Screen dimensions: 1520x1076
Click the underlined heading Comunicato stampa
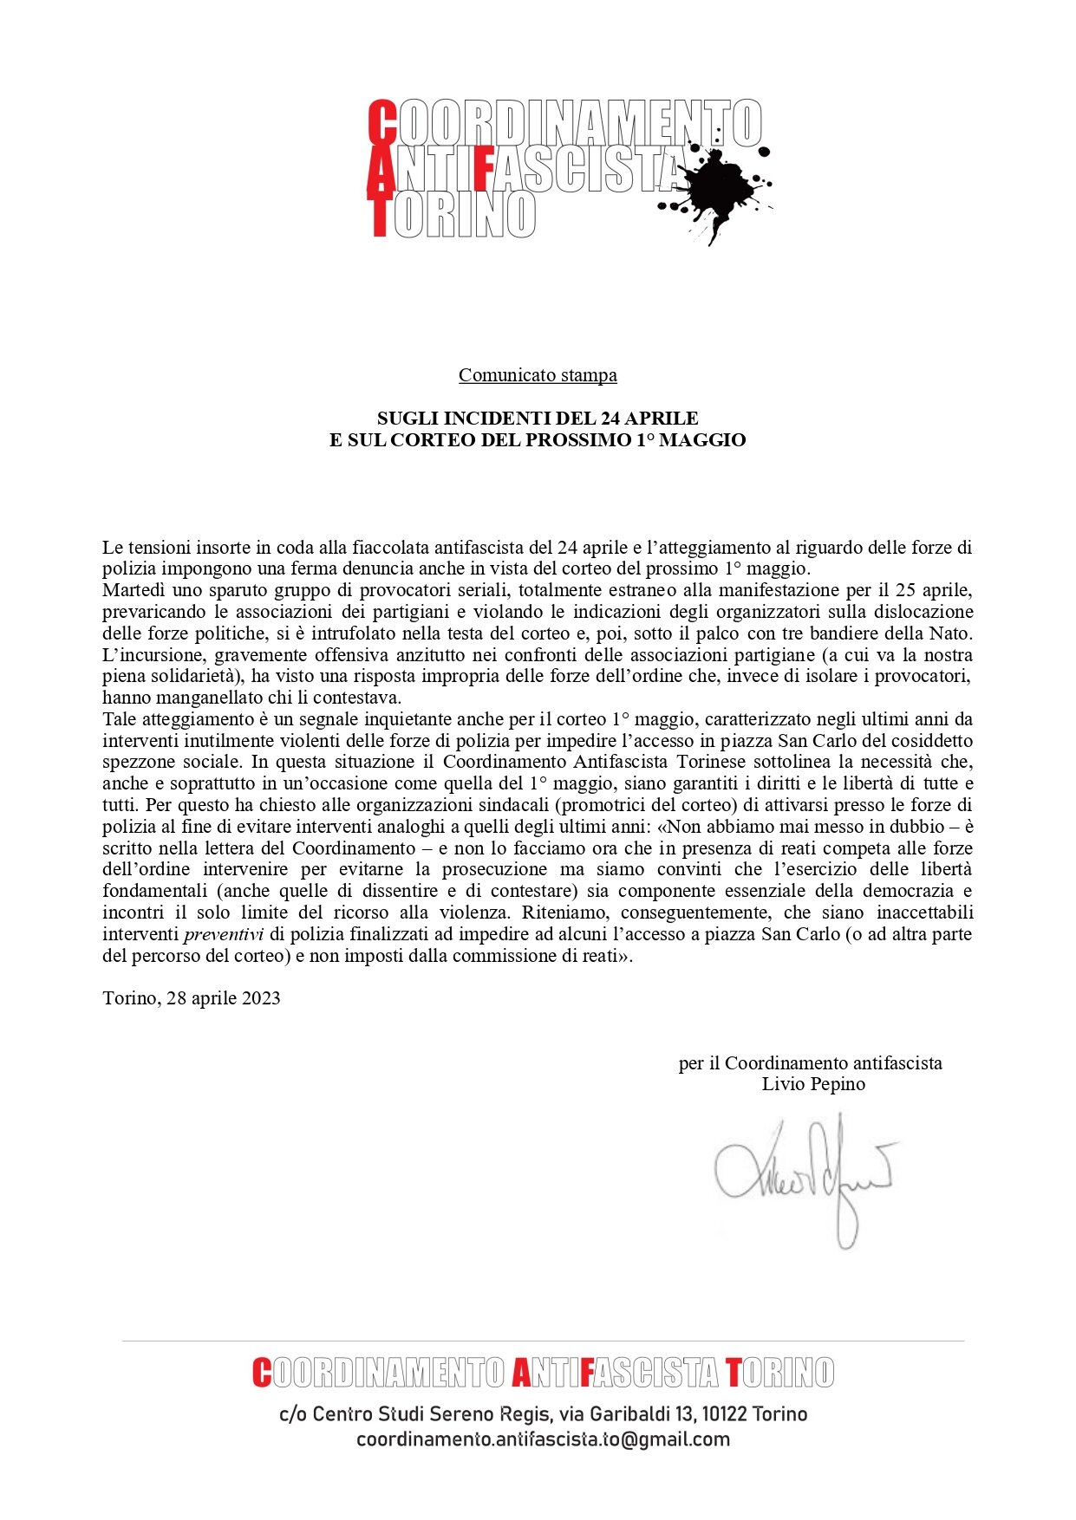coord(538,375)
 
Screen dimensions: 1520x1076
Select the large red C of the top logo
coord(382,122)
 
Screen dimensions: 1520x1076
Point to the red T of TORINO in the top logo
coord(379,214)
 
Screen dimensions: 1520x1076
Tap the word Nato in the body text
coord(951,633)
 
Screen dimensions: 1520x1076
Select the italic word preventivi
coord(224,934)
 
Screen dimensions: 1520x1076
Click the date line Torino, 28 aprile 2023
coord(192,997)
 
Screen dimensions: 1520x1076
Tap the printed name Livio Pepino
coord(813,1084)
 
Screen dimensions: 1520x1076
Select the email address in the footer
coord(543,1439)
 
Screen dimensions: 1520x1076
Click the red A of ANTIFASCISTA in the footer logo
coord(521,1373)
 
